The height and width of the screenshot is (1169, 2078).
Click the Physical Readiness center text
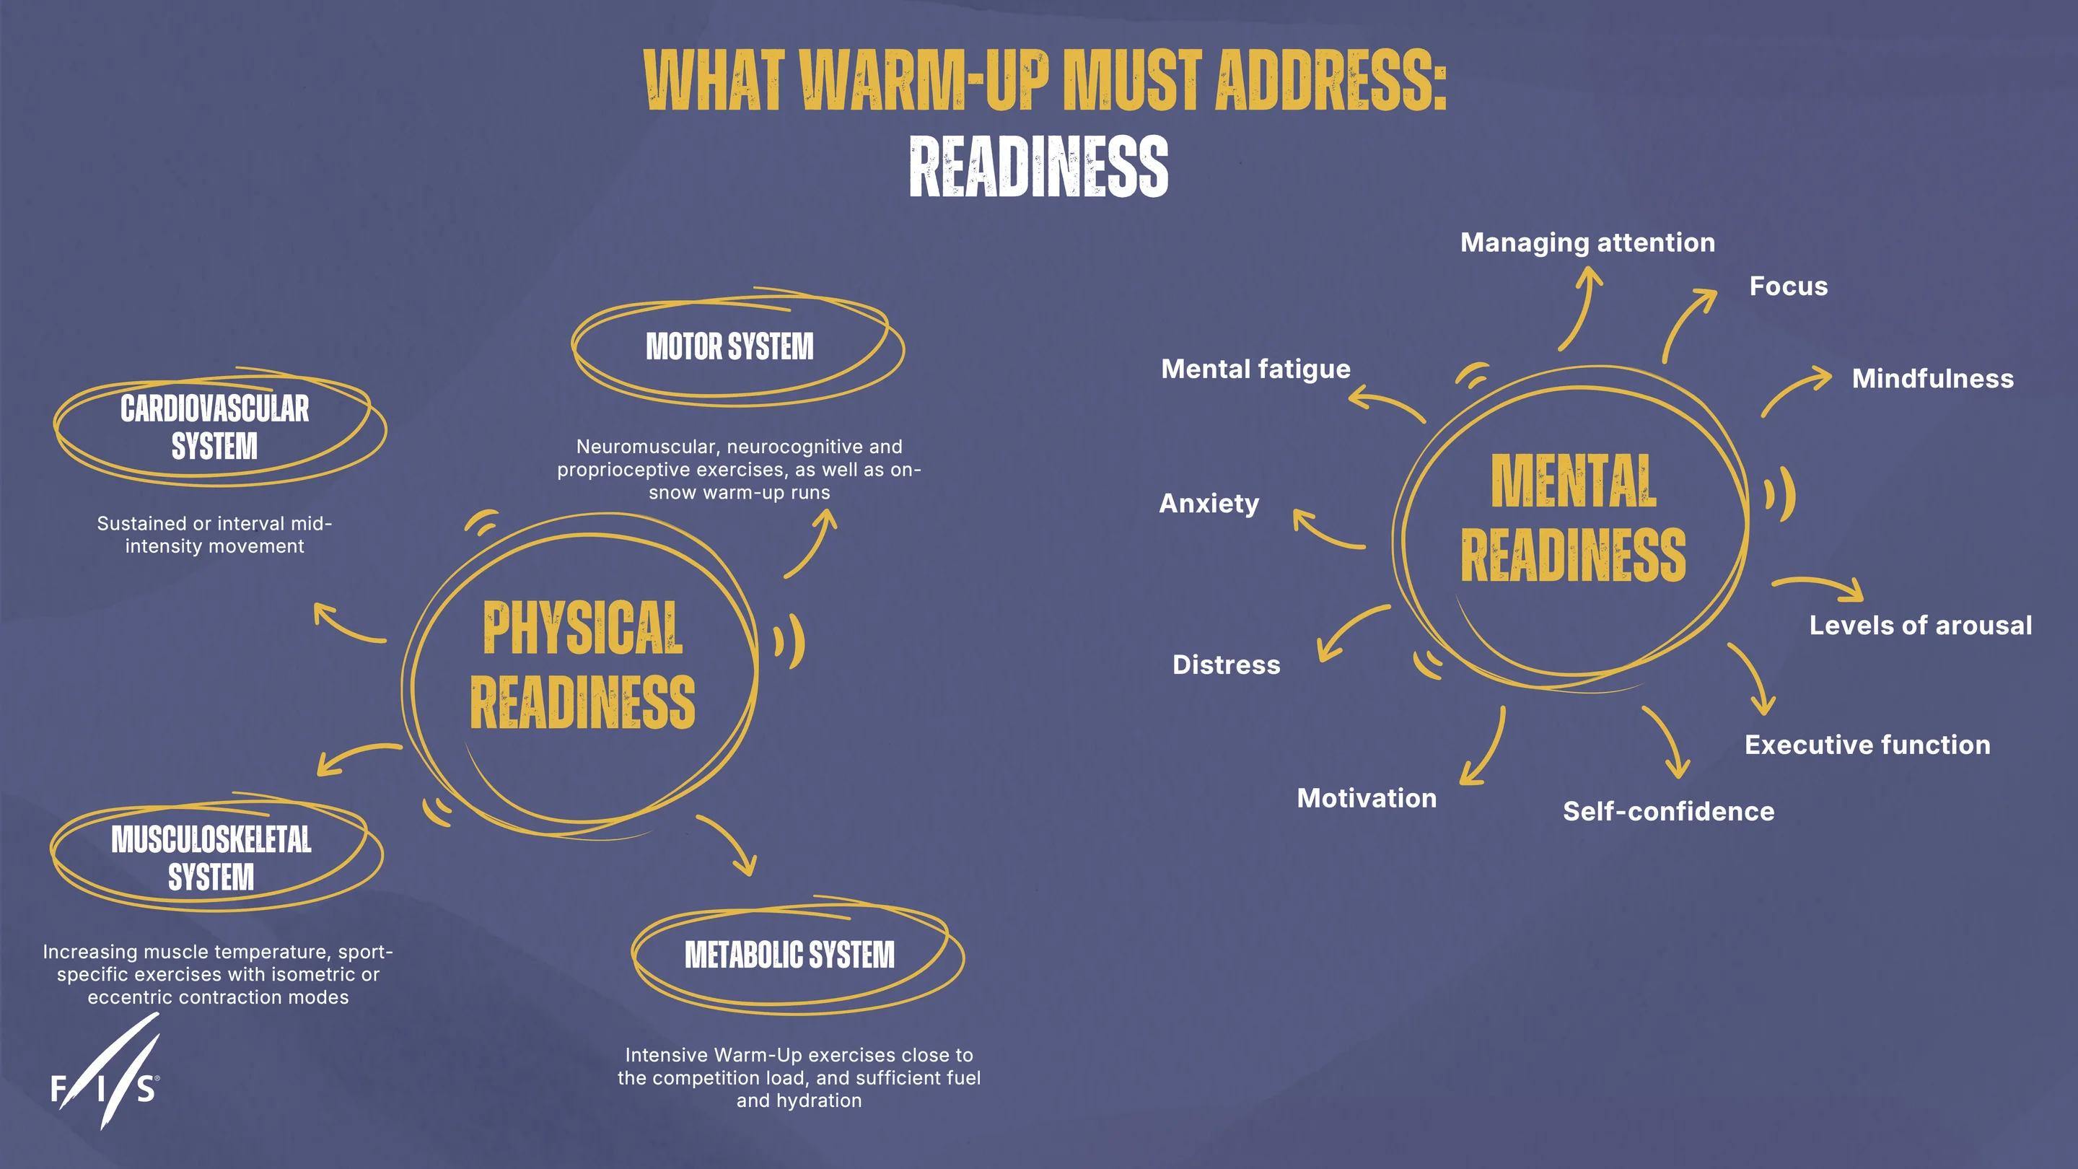(x=582, y=665)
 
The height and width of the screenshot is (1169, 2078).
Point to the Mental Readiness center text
(x=1573, y=517)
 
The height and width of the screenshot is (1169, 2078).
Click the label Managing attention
(x=1587, y=243)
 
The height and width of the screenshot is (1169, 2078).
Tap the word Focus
(x=1789, y=286)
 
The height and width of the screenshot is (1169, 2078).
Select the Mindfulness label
(x=1933, y=378)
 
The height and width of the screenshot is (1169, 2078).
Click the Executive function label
(x=1867, y=745)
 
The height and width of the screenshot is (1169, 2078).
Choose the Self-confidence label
(x=1668, y=812)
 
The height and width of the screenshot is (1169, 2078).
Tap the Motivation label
(x=1367, y=798)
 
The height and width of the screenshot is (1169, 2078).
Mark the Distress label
(x=1226, y=665)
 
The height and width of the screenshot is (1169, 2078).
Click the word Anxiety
(x=1209, y=504)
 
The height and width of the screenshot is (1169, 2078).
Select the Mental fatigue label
(x=1255, y=369)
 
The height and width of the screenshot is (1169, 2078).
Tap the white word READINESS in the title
(x=1038, y=167)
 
